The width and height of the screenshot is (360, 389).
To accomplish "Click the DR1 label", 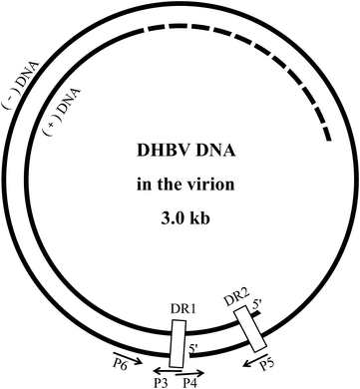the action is [x=180, y=309].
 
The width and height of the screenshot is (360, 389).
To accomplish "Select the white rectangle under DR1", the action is [x=178, y=343].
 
